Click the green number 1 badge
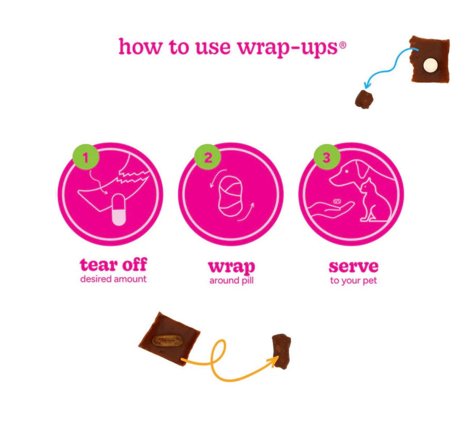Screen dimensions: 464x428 86,157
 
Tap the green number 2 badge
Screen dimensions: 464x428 208,157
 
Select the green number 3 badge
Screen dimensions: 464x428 326,157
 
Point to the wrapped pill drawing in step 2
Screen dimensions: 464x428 230,196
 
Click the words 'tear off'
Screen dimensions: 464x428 113,264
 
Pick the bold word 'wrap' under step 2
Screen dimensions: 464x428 232,267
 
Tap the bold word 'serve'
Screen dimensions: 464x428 353,266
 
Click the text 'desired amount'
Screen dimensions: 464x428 113,279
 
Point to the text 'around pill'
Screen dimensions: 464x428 232,281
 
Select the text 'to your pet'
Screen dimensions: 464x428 353,281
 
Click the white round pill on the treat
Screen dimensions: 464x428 430,65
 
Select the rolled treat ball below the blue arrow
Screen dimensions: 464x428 364,99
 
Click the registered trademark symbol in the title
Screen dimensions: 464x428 343,45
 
